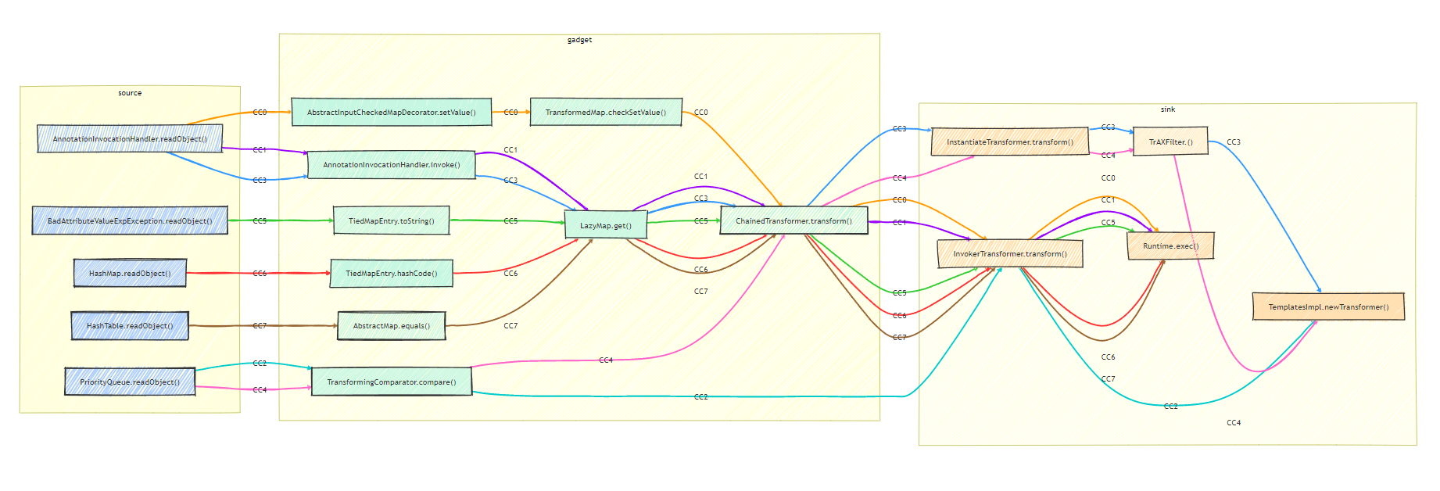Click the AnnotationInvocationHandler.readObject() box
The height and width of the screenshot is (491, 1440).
click(130, 139)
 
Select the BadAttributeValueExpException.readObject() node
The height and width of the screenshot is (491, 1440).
click(130, 220)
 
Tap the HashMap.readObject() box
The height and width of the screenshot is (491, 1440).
click(130, 273)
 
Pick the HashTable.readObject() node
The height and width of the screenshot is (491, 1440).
click(130, 325)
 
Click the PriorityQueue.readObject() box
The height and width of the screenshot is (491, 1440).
click(130, 382)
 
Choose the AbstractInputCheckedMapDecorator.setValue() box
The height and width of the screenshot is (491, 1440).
click(391, 112)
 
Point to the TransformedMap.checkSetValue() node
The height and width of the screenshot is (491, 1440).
click(606, 112)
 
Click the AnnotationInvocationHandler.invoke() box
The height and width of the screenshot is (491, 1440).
click(391, 165)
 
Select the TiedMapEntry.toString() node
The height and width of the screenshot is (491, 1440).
click(391, 220)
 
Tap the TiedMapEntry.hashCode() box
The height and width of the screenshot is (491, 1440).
click(391, 273)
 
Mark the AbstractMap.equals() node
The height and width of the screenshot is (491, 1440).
click(391, 325)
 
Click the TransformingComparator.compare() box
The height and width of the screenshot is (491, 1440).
click(391, 382)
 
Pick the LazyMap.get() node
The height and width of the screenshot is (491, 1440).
click(606, 225)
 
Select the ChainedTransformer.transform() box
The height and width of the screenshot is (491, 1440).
click(793, 220)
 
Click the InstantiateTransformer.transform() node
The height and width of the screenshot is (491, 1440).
click(1009, 142)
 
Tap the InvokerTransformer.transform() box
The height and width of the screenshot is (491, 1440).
click(1009, 253)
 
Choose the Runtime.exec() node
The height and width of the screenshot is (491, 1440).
click(1170, 245)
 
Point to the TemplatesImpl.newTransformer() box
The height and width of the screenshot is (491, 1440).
click(1328, 306)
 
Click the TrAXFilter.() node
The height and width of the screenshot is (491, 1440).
click(1170, 142)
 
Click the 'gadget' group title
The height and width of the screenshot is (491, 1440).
click(579, 40)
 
